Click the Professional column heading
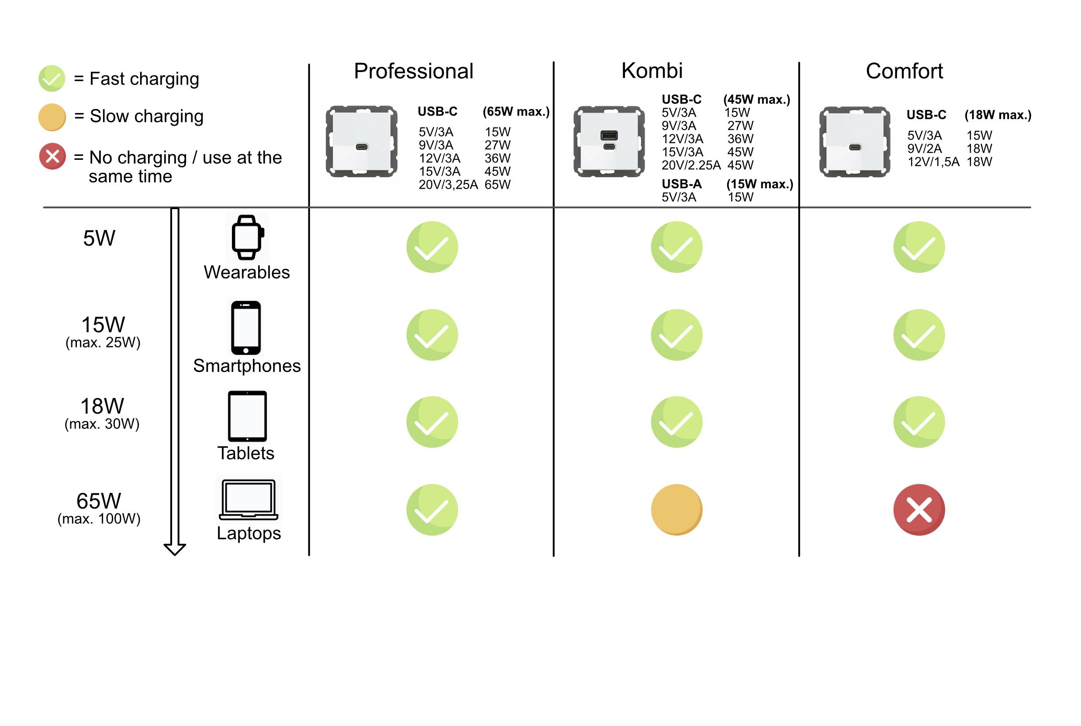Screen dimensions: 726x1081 coord(413,71)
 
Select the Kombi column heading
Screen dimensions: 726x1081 coord(652,71)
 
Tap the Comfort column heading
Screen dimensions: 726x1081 coord(904,71)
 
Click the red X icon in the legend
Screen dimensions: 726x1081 coord(52,156)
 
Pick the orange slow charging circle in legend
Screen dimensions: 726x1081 coord(52,117)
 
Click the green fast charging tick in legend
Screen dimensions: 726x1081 coord(52,79)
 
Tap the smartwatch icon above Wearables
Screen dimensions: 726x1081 coord(247,237)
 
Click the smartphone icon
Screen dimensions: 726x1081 coord(246,327)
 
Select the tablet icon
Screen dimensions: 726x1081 coord(247,416)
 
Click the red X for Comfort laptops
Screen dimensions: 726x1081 coord(919,510)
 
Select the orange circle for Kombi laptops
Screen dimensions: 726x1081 coord(677,510)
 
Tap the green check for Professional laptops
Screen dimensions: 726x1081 coord(432,510)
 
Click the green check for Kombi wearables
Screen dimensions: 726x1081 coord(677,247)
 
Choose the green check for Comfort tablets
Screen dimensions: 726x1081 coord(919,422)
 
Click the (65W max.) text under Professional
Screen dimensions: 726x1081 coord(516,112)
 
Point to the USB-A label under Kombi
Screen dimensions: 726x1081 coord(681,184)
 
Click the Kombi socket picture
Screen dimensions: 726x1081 coord(609,141)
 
